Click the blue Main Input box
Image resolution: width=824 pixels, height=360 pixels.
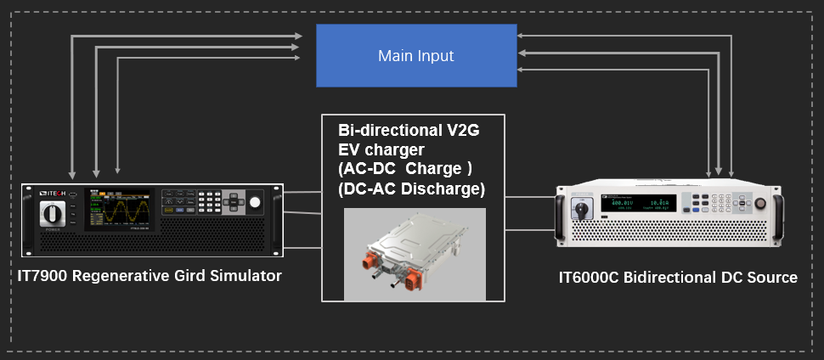coord(416,55)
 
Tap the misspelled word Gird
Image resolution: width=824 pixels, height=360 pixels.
coord(196,276)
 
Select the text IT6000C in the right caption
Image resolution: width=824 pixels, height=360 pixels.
coord(591,278)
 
